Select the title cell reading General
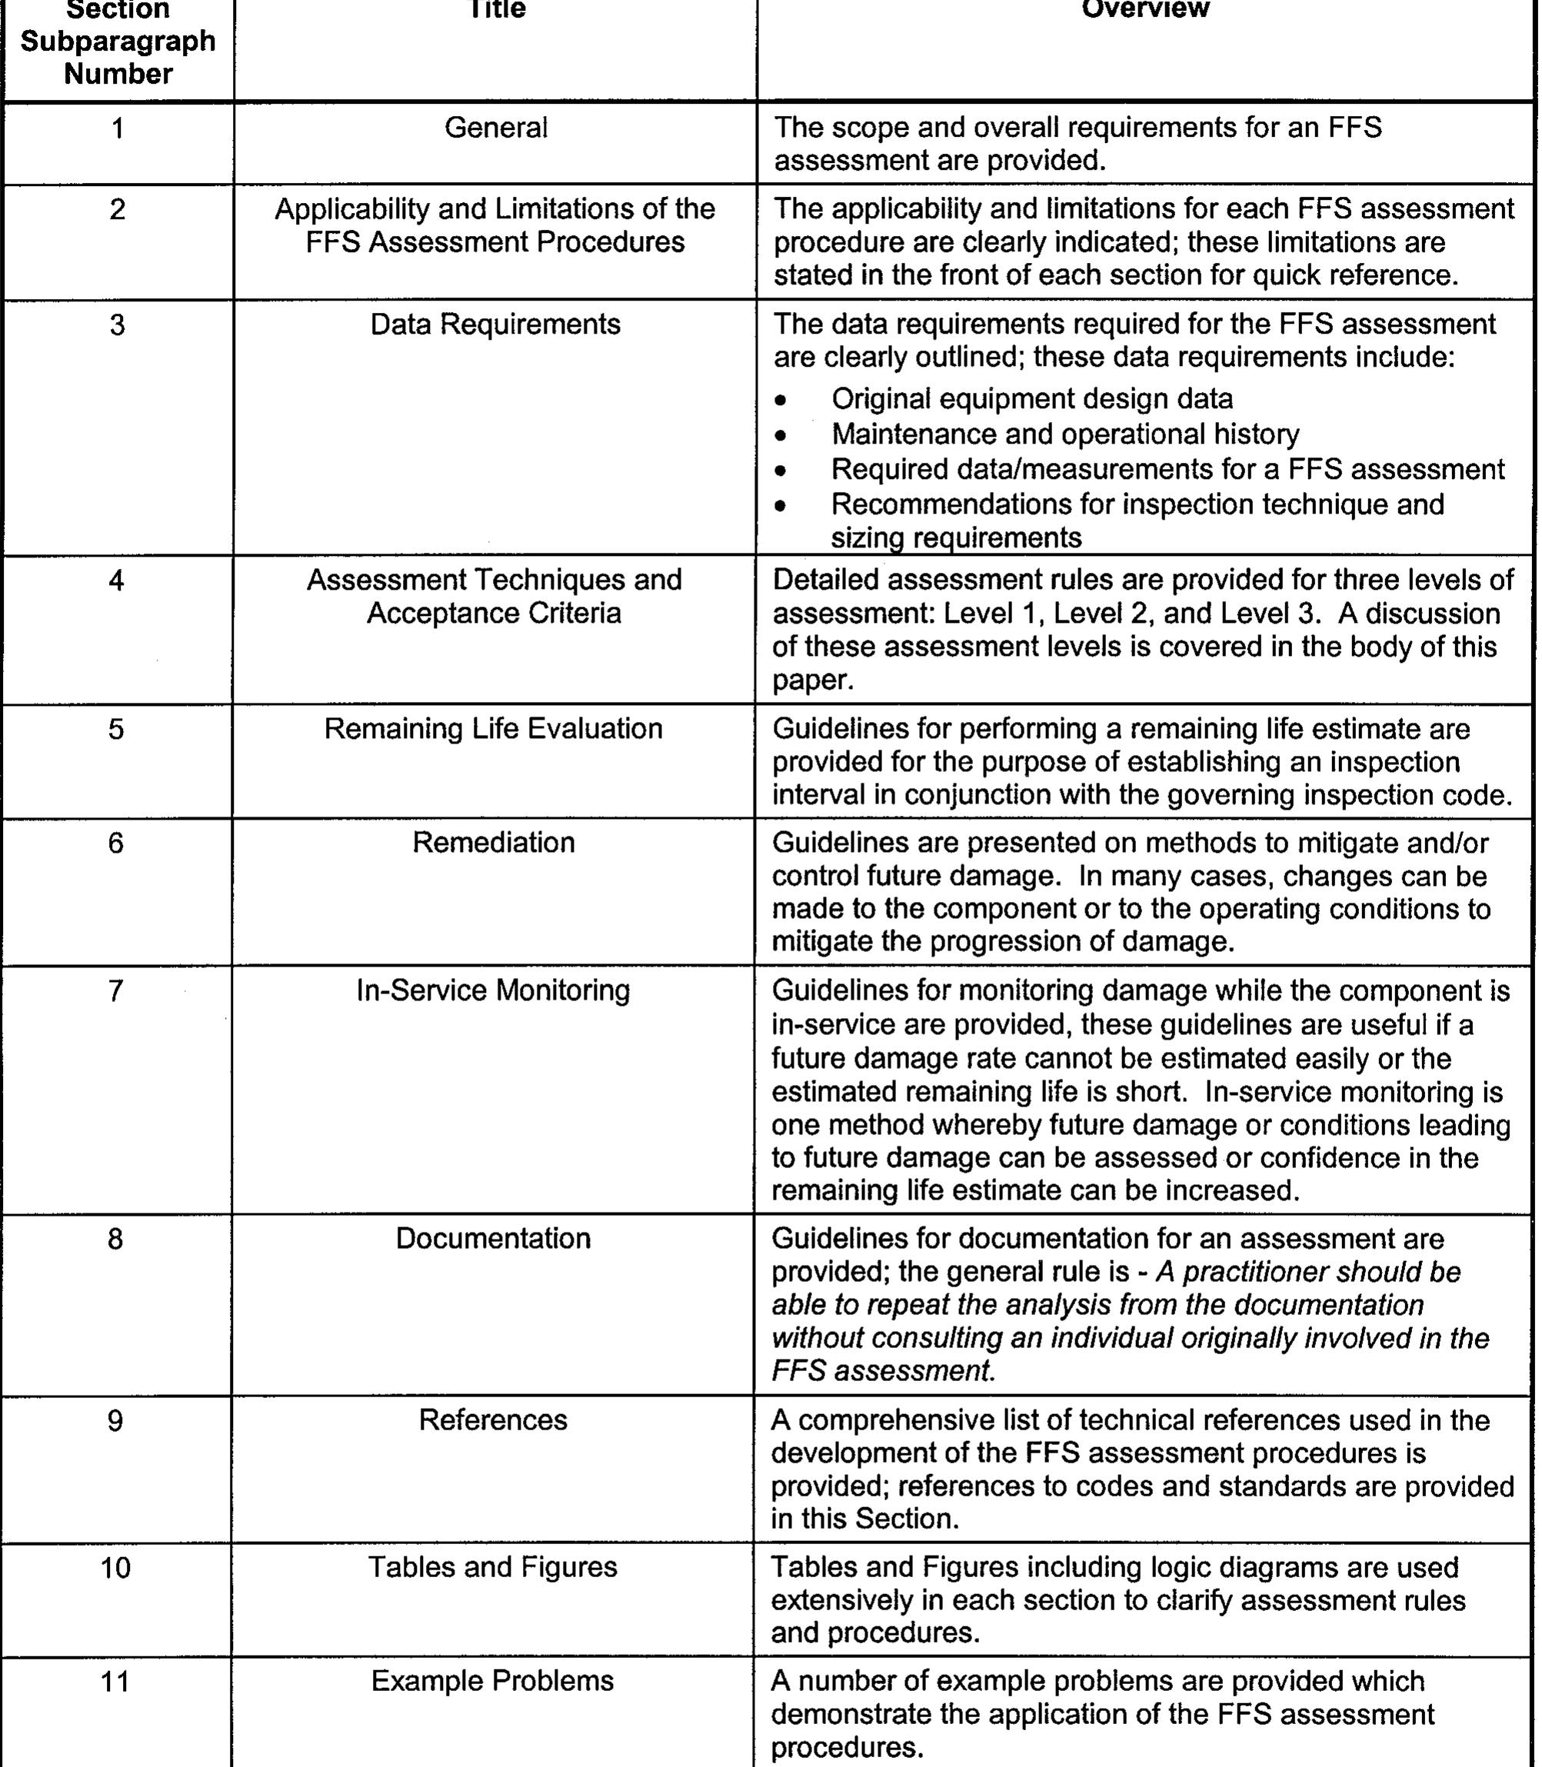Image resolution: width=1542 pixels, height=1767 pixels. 495,128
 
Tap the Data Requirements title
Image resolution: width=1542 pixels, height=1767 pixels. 495,324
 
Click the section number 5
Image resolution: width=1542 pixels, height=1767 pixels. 116,729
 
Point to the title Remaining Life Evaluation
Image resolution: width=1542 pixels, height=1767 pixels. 493,729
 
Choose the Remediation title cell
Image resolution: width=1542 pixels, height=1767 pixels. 493,842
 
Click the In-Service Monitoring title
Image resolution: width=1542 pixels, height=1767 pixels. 493,990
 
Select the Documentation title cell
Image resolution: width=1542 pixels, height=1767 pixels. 493,1238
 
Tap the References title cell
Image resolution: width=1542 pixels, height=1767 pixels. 493,1419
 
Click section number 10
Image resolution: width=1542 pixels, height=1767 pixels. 115,1567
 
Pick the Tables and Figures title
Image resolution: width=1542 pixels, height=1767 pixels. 493,1567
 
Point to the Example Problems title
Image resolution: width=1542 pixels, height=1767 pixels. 493,1681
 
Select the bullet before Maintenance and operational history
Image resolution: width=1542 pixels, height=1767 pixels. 781,436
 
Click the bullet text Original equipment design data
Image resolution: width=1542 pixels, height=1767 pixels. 1032,399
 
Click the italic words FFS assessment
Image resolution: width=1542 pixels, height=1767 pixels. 882,1370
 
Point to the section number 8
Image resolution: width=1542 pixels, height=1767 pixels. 115,1238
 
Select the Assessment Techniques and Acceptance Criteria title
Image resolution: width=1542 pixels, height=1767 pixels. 494,596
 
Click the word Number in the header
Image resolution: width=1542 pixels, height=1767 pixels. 118,74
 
